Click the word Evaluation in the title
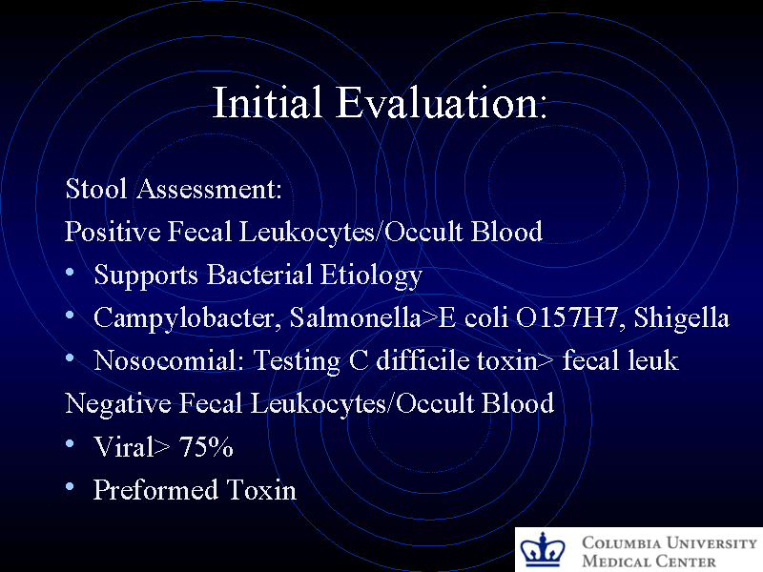pos(438,103)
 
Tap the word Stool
pos(97,189)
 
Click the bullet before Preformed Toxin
pos(72,488)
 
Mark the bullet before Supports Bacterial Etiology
pos(72,274)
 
